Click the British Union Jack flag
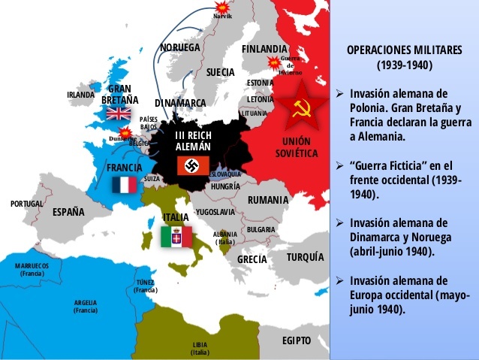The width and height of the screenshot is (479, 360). click(x=118, y=113)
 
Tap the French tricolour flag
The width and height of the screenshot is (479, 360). click(x=125, y=185)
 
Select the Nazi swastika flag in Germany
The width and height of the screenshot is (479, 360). click(x=193, y=165)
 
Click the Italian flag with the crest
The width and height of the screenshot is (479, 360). click(x=176, y=237)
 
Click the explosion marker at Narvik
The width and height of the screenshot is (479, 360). click(x=222, y=7)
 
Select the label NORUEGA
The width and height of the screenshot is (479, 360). click(x=180, y=47)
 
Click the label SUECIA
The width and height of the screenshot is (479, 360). click(x=221, y=72)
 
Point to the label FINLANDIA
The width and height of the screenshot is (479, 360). click(x=264, y=49)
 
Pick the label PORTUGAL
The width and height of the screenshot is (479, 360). click(x=27, y=204)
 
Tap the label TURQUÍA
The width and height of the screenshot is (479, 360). click(x=305, y=257)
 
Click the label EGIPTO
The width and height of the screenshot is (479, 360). click(x=297, y=340)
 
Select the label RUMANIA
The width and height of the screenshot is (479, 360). click(x=268, y=200)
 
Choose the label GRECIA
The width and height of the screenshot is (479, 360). click(x=252, y=259)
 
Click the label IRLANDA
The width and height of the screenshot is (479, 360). click(x=81, y=95)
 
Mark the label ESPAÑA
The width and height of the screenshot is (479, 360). click(x=68, y=212)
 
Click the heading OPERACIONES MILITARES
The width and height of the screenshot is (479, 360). click(x=405, y=50)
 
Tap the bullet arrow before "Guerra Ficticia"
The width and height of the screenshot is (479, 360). click(x=340, y=165)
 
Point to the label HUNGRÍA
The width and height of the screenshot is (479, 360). click(x=225, y=186)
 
